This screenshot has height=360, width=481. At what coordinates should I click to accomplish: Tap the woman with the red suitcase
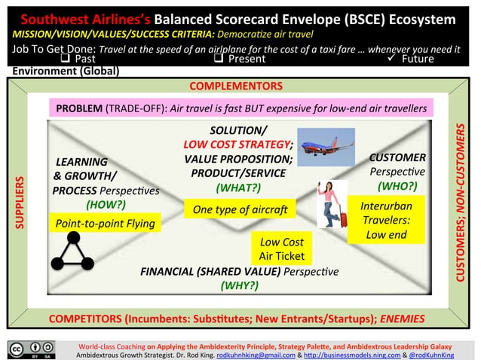coord(331,204)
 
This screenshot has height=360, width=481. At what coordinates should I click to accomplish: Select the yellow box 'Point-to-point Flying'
coord(105,223)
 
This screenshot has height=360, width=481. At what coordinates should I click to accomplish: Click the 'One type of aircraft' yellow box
coord(234,209)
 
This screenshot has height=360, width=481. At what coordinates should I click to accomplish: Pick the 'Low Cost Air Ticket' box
coord(281,249)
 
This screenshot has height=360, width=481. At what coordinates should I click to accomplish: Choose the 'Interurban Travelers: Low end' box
coord(386,219)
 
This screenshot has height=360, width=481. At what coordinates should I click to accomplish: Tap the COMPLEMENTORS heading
coord(235,87)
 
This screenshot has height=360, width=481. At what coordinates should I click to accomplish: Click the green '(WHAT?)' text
coord(238,188)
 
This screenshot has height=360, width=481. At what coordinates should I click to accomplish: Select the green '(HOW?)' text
coord(106,204)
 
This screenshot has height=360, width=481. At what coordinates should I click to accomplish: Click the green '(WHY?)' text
coord(240,285)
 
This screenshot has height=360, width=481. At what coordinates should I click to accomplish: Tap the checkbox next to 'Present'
coord(219,58)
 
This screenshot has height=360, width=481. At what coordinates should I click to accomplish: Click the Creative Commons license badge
coord(32,349)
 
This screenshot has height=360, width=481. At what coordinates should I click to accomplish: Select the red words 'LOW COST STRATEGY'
coord(237,144)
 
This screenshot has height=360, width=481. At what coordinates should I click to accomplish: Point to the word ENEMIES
coord(402,318)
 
